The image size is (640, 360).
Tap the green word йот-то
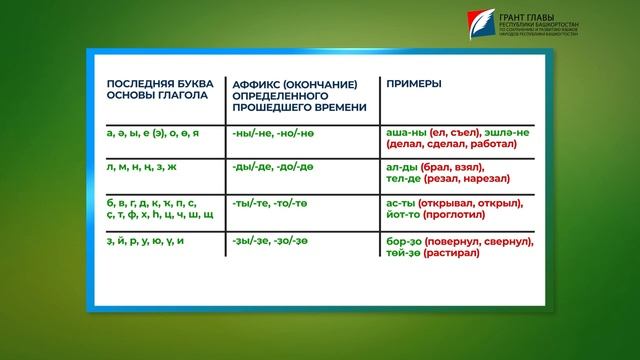405,214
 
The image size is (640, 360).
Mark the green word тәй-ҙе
403,254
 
